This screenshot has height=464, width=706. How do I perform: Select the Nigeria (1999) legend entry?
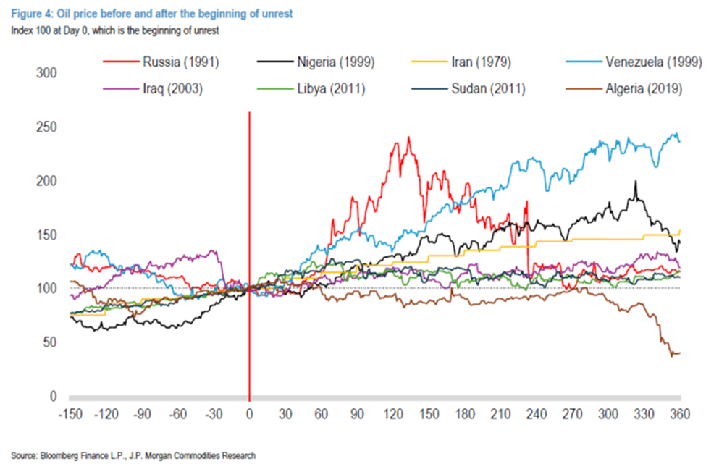335,62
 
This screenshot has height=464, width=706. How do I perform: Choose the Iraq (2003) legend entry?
170,89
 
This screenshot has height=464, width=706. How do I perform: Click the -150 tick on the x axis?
70,415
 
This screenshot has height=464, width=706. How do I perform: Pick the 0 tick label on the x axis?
249,415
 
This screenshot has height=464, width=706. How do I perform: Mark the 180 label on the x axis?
464,415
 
